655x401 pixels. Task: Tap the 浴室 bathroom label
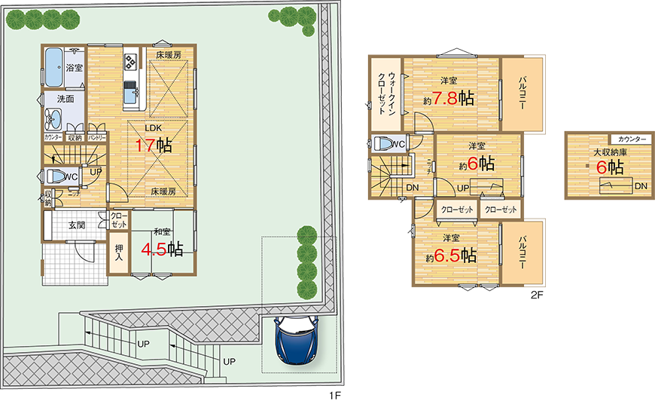coord(75,68)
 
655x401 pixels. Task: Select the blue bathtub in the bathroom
coord(54,68)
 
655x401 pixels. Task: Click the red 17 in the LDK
coord(145,145)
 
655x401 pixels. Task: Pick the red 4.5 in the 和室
coord(156,248)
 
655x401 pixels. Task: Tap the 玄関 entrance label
coord(77,225)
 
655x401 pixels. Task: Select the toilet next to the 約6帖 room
coord(384,144)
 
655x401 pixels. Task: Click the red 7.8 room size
coord(442,99)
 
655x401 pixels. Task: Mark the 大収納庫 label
coord(610,152)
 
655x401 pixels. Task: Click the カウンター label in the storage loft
coord(632,139)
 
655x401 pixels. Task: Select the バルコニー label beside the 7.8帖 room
coord(522,96)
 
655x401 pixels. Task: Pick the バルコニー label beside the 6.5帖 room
coord(522,253)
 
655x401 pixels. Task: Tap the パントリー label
coord(96,137)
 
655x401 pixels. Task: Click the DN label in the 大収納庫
coord(639,185)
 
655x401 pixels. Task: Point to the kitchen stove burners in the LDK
coord(129,59)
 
